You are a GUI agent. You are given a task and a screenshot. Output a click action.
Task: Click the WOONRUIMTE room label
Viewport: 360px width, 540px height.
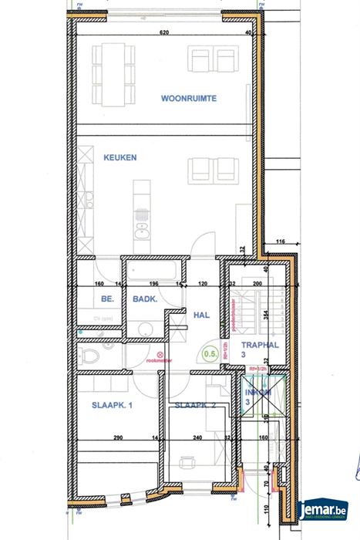pos(188,99)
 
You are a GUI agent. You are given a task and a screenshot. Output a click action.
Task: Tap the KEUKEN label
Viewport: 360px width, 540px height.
pos(120,157)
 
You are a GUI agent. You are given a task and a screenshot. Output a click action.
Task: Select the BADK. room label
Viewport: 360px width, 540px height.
pos(145,303)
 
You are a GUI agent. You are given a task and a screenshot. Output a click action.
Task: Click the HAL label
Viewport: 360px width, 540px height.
pos(201,315)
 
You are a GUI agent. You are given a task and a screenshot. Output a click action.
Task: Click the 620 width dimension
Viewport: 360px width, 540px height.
pos(164,34)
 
